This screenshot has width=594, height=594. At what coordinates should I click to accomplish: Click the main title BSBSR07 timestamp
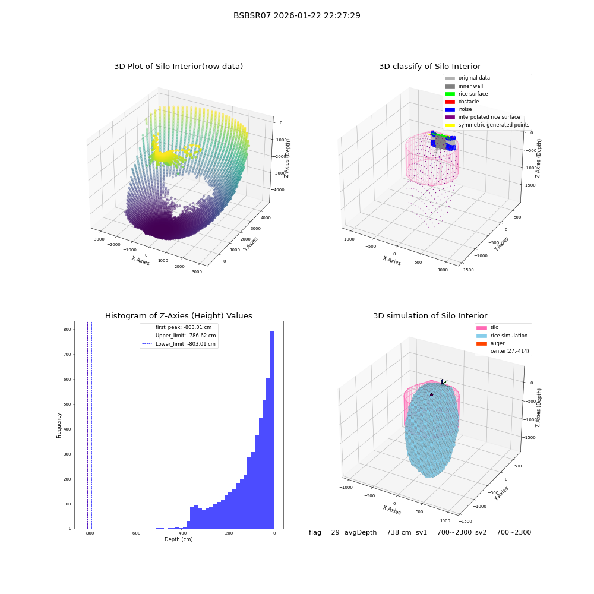click(x=296, y=16)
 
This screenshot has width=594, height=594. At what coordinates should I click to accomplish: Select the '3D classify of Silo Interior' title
click(x=430, y=67)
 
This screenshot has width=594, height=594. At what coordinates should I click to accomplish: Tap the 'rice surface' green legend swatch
click(x=450, y=94)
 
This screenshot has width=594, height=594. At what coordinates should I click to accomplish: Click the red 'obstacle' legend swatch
click(x=450, y=102)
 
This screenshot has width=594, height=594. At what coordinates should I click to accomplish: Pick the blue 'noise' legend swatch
click(x=450, y=109)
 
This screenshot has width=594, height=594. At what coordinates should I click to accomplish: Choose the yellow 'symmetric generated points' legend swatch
click(x=450, y=125)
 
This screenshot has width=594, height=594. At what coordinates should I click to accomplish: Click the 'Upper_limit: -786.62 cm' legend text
click(x=185, y=336)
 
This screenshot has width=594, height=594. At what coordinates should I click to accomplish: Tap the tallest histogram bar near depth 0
click(x=271, y=429)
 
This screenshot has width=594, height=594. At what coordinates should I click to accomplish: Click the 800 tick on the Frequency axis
click(x=67, y=330)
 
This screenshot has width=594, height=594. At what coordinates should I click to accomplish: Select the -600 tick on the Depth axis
click(x=135, y=533)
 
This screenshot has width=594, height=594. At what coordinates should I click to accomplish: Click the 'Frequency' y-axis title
click(x=59, y=425)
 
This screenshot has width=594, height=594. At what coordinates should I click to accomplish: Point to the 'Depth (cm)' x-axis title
click(x=178, y=539)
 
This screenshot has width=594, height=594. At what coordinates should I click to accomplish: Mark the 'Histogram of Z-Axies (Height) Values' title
click(x=178, y=316)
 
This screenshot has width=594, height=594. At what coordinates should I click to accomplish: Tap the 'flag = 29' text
click(x=324, y=532)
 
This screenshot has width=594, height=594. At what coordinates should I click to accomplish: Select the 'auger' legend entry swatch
click(x=482, y=343)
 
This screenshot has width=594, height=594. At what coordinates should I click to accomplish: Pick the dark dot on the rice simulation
click(x=431, y=395)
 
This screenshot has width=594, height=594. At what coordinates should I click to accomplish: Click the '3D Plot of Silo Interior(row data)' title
click(x=178, y=67)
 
